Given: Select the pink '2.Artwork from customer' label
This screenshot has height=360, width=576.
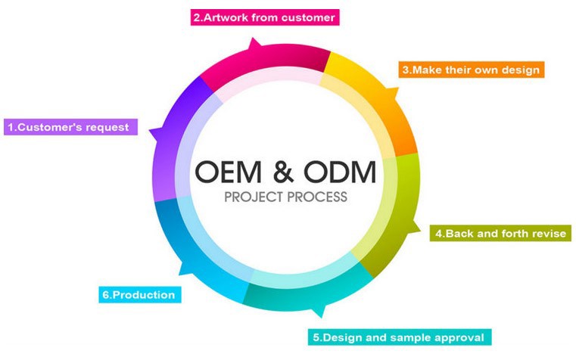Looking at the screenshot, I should click(x=263, y=17).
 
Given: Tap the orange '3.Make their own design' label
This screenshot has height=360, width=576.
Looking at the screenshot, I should click(x=472, y=70).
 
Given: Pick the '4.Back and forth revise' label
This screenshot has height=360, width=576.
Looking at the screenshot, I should click(x=500, y=233).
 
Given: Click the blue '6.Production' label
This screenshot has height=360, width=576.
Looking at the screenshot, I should click(x=139, y=294).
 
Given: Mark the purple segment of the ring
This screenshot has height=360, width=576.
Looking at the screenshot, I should click(x=176, y=144).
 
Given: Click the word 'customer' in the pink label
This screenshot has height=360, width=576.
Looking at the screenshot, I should click(x=304, y=17).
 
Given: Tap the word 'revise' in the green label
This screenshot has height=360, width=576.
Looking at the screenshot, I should click(x=548, y=233).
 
